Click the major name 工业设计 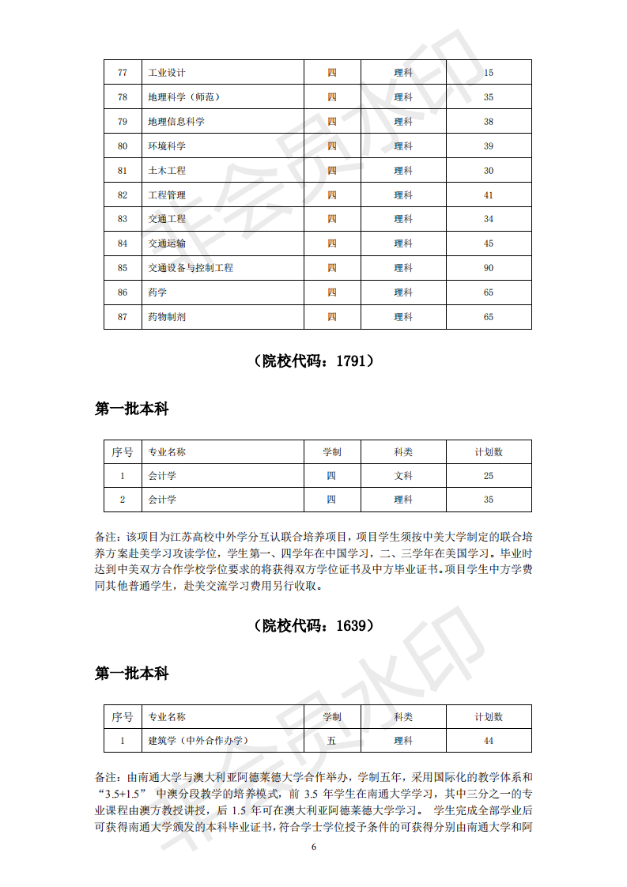pyautogui.click(x=167, y=73)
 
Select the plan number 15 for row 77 pyautogui.click(x=489, y=73)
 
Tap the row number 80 pyautogui.click(x=123, y=146)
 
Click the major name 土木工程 pyautogui.click(x=167, y=171)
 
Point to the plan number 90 pyautogui.click(x=489, y=268)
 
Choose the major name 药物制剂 pyautogui.click(x=167, y=317)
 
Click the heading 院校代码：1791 pyautogui.click(x=314, y=361)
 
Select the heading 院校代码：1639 pyautogui.click(x=314, y=625)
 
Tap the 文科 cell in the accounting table pyautogui.click(x=403, y=476)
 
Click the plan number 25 pyautogui.click(x=489, y=476)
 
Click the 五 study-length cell pyautogui.click(x=332, y=741)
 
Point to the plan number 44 pyautogui.click(x=489, y=741)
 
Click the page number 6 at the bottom pyautogui.click(x=314, y=847)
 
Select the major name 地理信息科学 pyautogui.click(x=176, y=122)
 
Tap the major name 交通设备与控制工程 pyautogui.click(x=191, y=268)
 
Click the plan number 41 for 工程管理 pyautogui.click(x=489, y=195)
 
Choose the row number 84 pyautogui.click(x=123, y=243)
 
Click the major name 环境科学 pyautogui.click(x=167, y=146)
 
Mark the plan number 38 pyautogui.click(x=489, y=122)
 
